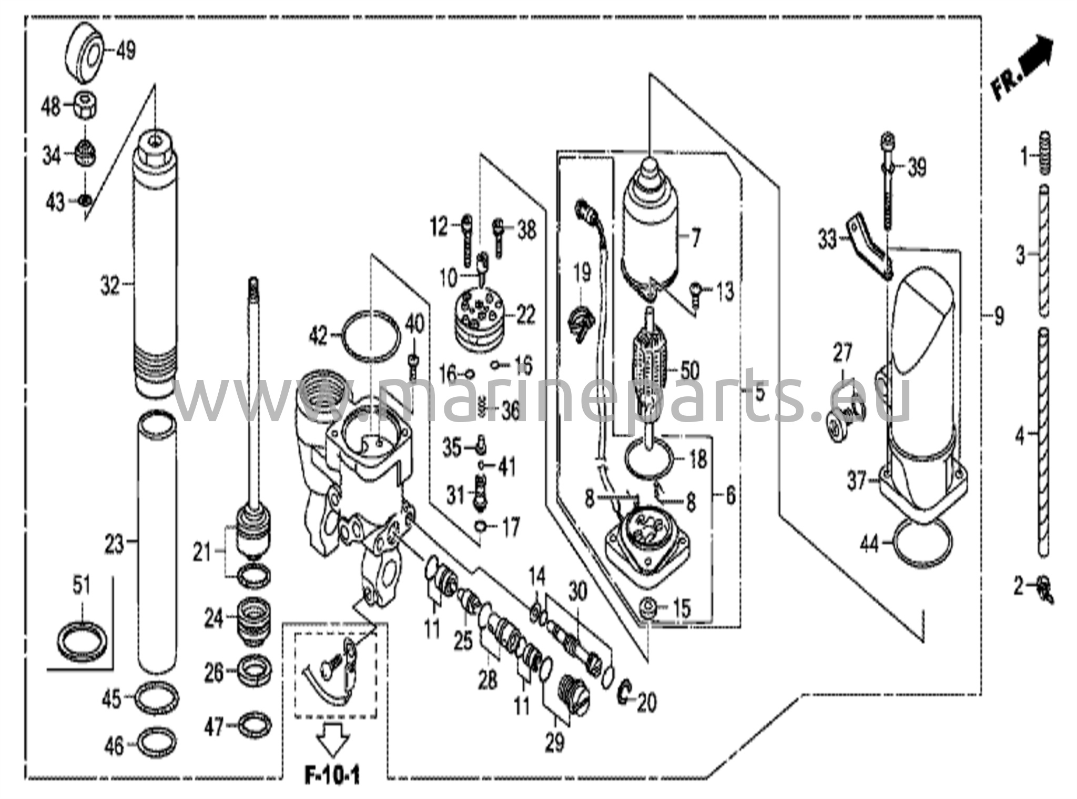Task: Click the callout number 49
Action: [125, 51]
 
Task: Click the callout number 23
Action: [114, 544]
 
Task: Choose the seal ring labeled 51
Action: [84, 640]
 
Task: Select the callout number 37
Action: [857, 481]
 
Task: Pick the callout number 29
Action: [555, 742]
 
